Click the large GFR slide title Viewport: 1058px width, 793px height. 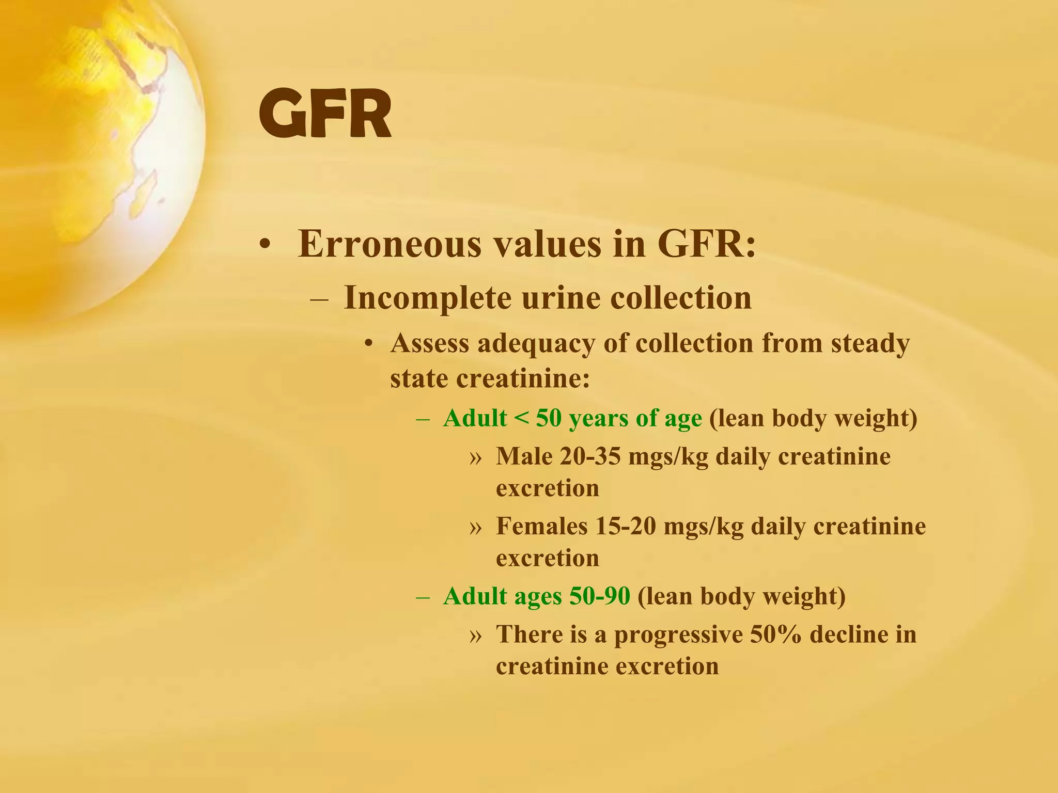324,115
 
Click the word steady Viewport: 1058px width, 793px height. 870,343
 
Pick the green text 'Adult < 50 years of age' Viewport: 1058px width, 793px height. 572,418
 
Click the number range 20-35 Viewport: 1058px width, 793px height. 590,456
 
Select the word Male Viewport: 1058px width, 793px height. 524,456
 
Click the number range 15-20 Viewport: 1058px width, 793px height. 626,526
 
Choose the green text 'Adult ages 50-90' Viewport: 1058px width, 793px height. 537,596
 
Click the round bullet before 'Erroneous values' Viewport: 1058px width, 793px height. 265,245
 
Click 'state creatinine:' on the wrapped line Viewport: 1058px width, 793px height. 490,379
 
